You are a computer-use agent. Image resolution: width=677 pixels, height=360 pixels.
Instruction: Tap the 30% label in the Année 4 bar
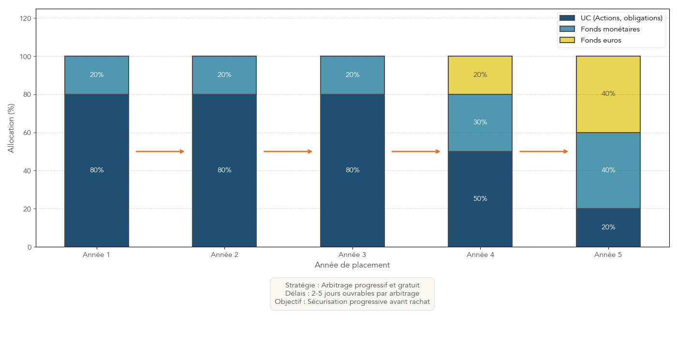[x=480, y=122]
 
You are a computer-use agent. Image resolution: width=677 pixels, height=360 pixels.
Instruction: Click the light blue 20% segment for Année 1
[x=97, y=75]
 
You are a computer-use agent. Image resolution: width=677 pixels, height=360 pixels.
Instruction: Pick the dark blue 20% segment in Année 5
[x=608, y=227]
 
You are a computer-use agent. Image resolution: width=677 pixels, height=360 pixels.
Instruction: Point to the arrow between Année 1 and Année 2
[x=160, y=151]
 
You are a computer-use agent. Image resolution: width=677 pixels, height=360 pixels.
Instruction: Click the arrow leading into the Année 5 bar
[x=544, y=151]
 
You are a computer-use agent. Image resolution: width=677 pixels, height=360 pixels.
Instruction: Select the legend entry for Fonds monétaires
[x=610, y=30]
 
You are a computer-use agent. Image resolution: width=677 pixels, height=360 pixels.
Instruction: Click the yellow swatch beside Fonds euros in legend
[x=567, y=40]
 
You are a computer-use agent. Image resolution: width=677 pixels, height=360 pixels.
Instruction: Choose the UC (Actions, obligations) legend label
[x=621, y=18]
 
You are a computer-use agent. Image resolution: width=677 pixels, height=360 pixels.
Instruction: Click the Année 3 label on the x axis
[x=353, y=255]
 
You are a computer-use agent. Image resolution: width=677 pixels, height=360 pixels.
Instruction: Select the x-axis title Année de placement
[x=352, y=265]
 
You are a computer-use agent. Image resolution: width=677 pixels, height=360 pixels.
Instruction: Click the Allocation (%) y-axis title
[x=11, y=128]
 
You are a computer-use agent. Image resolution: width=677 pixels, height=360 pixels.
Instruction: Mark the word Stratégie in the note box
[x=300, y=285]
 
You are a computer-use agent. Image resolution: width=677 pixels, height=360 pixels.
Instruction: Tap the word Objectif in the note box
[x=289, y=301]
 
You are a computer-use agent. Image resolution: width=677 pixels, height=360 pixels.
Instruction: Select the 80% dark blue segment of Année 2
[x=224, y=170]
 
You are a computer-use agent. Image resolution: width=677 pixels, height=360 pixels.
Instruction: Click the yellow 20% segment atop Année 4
[x=480, y=75]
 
